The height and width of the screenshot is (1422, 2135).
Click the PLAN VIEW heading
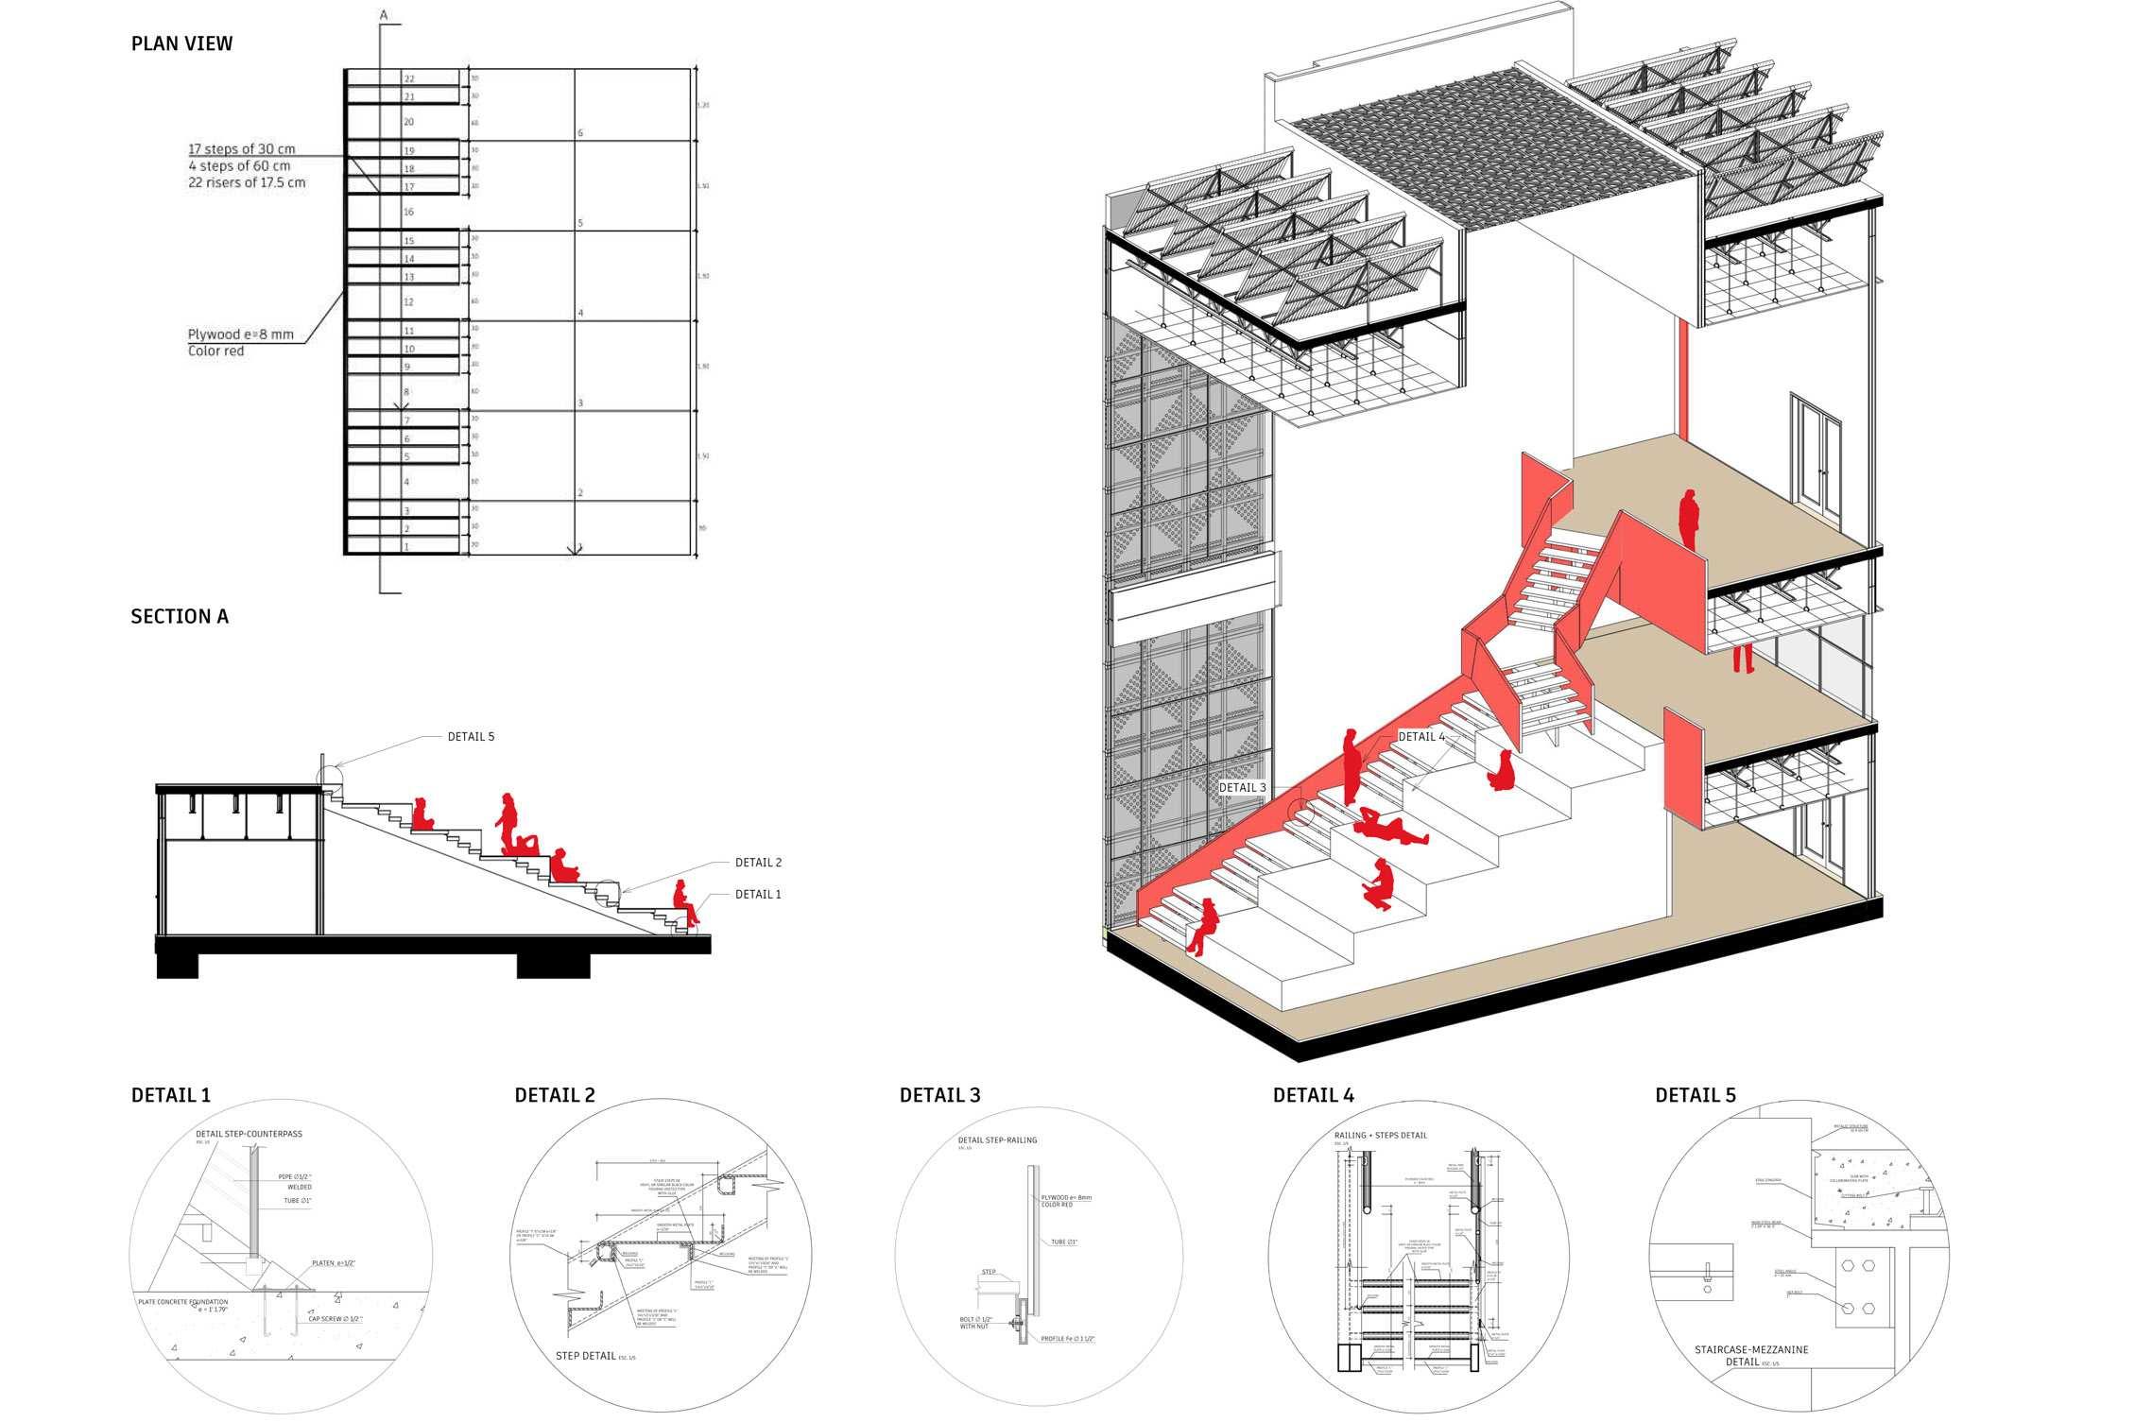tap(181, 43)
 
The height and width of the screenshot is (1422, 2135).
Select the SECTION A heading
tap(180, 617)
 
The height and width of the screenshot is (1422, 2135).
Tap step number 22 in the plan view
tap(409, 78)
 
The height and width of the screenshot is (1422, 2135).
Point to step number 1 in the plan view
tap(407, 547)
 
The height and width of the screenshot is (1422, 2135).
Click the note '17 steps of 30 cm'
tap(241, 149)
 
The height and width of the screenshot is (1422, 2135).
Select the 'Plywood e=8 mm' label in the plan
tap(240, 334)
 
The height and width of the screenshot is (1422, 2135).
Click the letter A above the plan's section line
tap(384, 15)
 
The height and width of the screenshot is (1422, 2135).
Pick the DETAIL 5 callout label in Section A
tap(471, 737)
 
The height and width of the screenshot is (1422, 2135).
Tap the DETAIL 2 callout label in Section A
tap(758, 863)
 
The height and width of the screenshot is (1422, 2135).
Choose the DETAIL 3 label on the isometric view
tap(1242, 788)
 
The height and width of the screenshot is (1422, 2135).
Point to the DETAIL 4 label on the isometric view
tap(1421, 737)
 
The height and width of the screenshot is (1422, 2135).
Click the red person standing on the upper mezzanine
tap(1688, 517)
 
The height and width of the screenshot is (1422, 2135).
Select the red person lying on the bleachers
tap(1387, 829)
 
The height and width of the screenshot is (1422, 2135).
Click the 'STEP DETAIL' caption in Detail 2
tap(586, 1356)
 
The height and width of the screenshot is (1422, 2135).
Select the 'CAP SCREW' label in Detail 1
tap(336, 1318)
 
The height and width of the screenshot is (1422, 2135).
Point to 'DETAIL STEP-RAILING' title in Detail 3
tap(997, 1139)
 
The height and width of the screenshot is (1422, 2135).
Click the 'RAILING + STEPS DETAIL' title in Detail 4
tap(1381, 1135)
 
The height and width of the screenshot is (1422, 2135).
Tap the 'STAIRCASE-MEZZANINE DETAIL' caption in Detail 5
tap(1751, 1356)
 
